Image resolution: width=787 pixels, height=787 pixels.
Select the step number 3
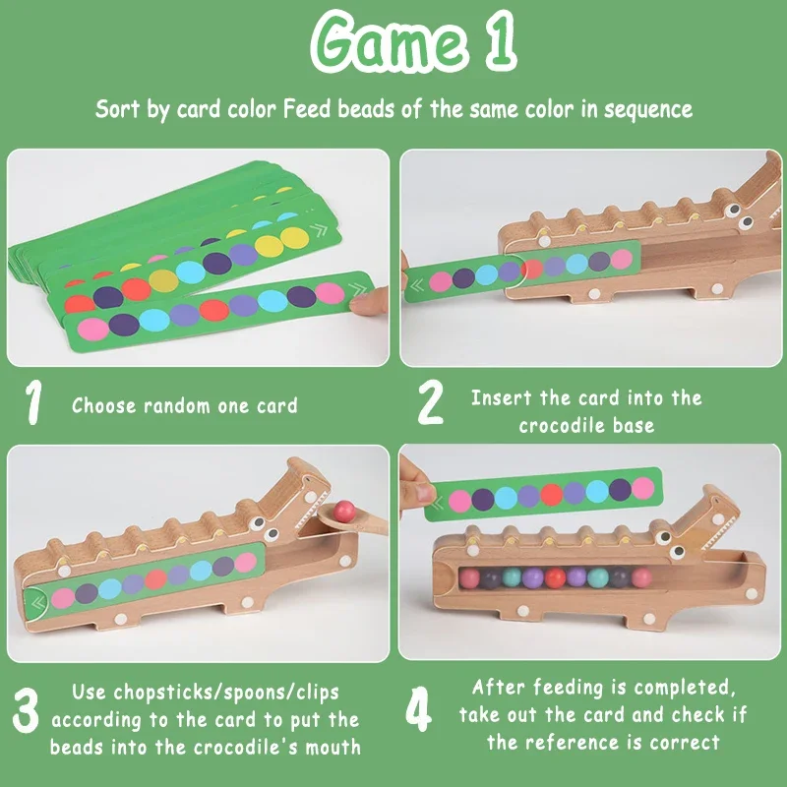[30, 716]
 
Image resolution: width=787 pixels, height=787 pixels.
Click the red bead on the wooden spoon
[343, 511]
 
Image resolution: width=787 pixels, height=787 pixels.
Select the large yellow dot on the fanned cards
[294, 237]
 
